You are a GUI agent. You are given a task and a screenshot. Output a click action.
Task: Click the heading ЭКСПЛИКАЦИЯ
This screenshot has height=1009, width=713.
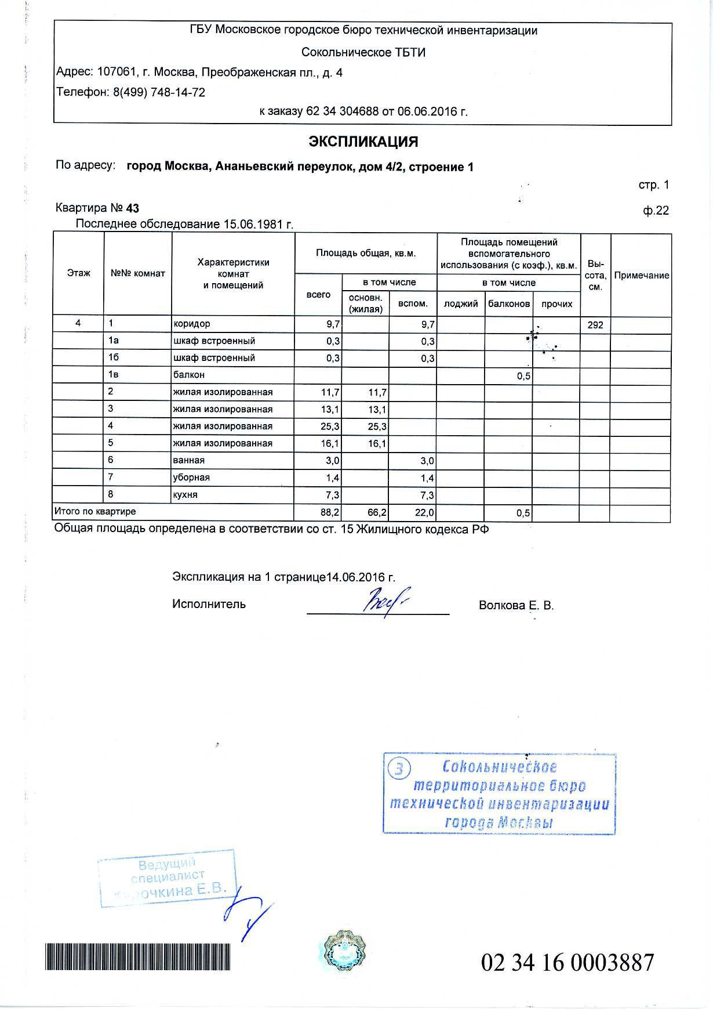coord(363,142)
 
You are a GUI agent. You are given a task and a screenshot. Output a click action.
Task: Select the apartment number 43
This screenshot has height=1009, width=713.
coord(133,208)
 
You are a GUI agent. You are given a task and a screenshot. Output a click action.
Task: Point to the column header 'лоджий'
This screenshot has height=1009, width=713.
coord(461,303)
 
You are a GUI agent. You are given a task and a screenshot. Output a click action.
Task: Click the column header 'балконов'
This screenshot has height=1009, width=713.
coord(509,303)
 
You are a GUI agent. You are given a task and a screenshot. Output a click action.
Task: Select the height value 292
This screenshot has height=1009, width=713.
coord(595,325)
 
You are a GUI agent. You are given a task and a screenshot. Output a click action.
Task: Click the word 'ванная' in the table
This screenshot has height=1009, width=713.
coord(189,460)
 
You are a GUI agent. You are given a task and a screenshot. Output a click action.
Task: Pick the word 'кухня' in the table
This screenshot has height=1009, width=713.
coord(186,494)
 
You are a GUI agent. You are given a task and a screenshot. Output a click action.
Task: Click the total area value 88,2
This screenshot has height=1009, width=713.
coord(331,513)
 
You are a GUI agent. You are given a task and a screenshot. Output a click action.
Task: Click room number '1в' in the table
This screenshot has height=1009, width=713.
coord(113,375)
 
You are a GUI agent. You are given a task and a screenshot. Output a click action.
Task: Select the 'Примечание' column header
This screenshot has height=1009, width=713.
coord(641,276)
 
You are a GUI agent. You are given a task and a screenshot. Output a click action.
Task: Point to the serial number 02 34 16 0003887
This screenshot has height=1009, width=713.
coord(568,962)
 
